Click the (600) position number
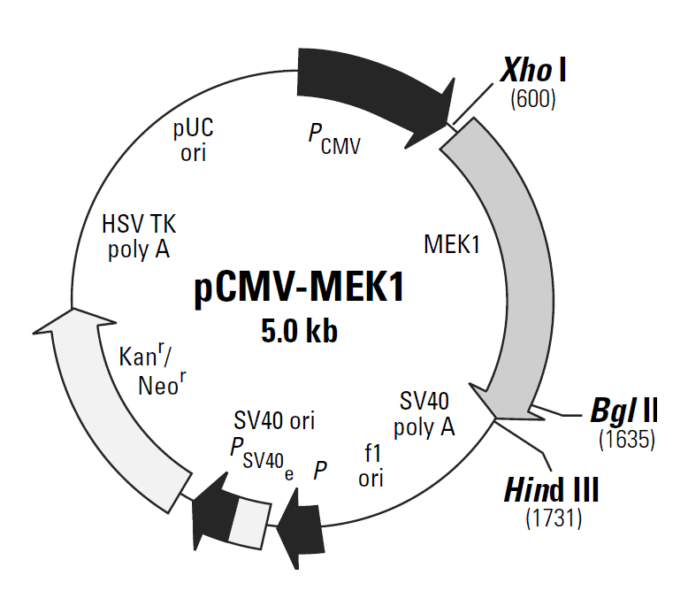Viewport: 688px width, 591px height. [x=533, y=100]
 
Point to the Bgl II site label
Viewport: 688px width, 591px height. [x=623, y=411]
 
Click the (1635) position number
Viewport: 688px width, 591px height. [x=626, y=439]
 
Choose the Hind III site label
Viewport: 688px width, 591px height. [x=557, y=488]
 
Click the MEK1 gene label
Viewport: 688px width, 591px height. [x=452, y=244]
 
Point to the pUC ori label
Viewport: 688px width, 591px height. [x=193, y=139]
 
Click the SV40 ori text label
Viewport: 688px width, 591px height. [x=274, y=419]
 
